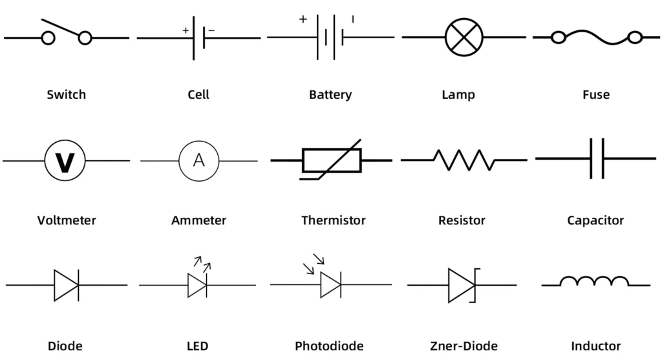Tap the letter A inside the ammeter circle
pos(198,160)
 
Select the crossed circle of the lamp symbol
pos(464,37)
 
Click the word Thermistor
pos(333,220)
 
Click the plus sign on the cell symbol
pos(186,30)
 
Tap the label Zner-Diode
pos(464,346)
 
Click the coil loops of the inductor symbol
pos(594,281)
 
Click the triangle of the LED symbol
pos(197,285)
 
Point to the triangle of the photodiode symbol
pos(330,284)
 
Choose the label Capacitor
pos(595,220)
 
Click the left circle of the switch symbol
pos(48,39)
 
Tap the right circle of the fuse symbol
pos(634,37)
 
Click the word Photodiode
pos(329,346)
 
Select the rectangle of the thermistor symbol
pos(332,160)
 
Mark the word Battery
pos(330,95)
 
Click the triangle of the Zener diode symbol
pos(461,284)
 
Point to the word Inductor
pos(595,346)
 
